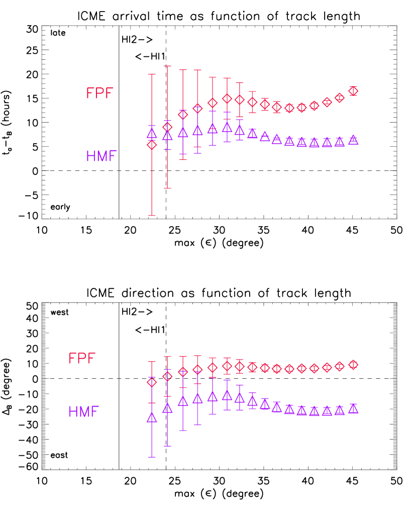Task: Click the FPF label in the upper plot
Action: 99,93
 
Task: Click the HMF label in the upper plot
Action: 101,156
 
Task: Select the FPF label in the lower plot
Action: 82,358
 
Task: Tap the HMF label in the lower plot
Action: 83,412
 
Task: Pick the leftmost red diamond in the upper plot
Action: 152,145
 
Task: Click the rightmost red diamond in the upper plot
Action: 353,91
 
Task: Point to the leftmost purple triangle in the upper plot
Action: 152,134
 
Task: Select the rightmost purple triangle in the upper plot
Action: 353,140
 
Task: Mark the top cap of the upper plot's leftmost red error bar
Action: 152,74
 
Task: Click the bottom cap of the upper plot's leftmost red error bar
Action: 152,216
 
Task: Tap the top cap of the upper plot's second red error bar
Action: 167,66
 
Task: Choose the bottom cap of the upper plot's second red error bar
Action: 167,188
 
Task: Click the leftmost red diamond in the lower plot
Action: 152,382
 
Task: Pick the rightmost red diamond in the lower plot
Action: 353,364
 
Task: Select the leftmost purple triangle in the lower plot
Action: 152,417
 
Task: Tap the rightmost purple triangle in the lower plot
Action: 353,408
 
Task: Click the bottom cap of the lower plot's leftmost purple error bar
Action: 152,457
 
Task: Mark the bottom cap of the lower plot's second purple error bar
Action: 167,446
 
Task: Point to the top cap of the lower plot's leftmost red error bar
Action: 152,361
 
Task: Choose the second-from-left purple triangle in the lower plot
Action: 167,408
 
